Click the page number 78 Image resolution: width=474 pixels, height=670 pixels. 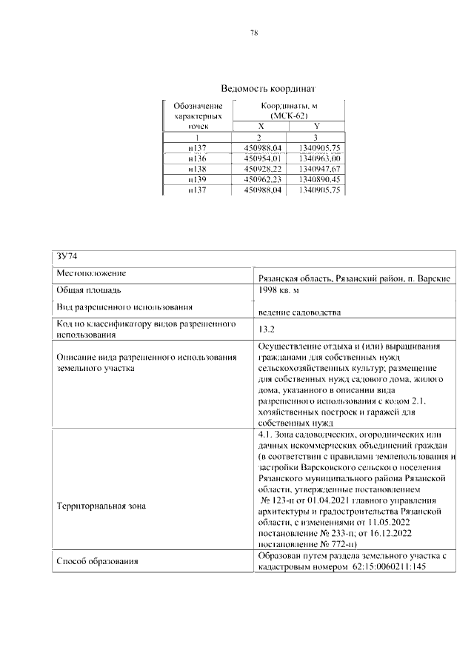click(x=253, y=33)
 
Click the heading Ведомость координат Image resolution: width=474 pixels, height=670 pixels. click(x=253, y=88)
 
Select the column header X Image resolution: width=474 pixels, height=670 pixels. click(x=260, y=127)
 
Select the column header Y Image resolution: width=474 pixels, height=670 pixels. click(x=316, y=127)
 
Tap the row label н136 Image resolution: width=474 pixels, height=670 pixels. click(x=197, y=158)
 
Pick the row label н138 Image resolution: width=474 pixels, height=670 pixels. click(x=197, y=169)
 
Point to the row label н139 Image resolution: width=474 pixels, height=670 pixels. click(x=197, y=179)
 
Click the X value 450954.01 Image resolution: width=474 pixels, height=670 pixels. click(x=260, y=158)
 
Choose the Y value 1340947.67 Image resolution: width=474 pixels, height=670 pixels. click(x=316, y=169)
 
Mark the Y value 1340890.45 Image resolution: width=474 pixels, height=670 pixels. click(x=316, y=179)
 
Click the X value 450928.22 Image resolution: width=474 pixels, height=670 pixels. click(x=260, y=169)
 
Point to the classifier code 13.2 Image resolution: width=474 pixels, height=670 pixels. click(x=267, y=329)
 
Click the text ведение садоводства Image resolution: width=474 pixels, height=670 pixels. click(x=299, y=312)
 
